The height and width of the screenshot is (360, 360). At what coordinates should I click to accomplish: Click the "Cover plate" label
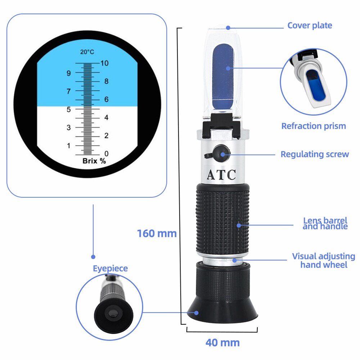point(310,26)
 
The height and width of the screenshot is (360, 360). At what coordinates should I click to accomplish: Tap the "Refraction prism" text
point(313,126)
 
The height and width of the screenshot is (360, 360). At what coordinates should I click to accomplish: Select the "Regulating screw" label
point(315,154)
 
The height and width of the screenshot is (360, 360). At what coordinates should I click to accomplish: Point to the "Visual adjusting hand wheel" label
point(323,260)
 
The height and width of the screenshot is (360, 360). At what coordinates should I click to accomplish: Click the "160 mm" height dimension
point(157,234)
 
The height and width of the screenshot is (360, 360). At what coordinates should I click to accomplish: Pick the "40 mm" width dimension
point(222,342)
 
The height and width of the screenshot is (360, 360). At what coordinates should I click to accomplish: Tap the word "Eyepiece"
point(110,269)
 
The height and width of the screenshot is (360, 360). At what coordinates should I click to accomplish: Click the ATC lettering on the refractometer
point(221,175)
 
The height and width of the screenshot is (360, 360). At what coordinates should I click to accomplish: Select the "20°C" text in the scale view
point(87,52)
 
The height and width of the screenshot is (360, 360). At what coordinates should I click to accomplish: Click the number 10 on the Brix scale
point(104,63)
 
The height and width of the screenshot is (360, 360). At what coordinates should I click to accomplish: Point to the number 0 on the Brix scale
point(106,154)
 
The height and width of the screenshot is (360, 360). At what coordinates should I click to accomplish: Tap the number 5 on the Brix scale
point(68,109)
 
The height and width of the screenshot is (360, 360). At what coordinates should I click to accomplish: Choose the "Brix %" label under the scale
point(94,161)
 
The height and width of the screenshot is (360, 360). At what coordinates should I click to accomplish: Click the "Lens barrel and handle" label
point(325,223)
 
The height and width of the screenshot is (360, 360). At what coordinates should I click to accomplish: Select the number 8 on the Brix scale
point(106,81)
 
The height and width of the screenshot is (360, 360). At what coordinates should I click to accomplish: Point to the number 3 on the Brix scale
point(68,127)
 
